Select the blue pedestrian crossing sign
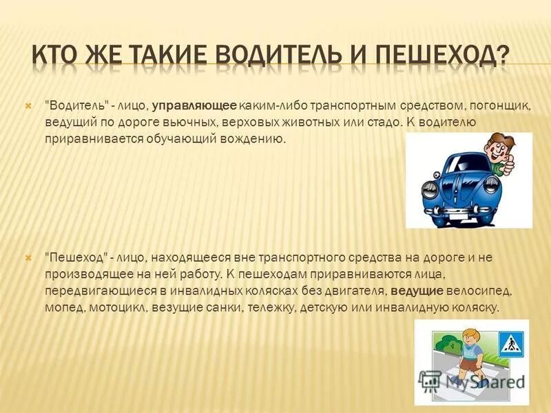[x=510, y=343]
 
